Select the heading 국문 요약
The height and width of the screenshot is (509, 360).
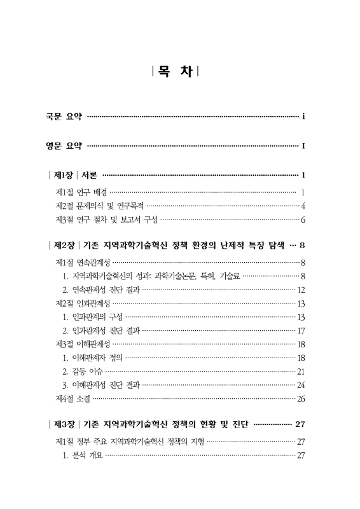(x=64, y=116)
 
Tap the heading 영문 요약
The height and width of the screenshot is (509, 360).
(x=64, y=146)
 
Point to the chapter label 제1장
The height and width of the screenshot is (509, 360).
(x=64, y=175)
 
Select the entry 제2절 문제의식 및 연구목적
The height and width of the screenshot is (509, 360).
(x=100, y=206)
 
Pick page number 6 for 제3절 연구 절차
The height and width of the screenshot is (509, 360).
(x=303, y=220)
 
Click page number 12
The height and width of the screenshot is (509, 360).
(x=301, y=289)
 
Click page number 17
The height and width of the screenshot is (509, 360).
(x=301, y=331)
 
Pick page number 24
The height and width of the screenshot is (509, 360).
(x=301, y=385)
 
